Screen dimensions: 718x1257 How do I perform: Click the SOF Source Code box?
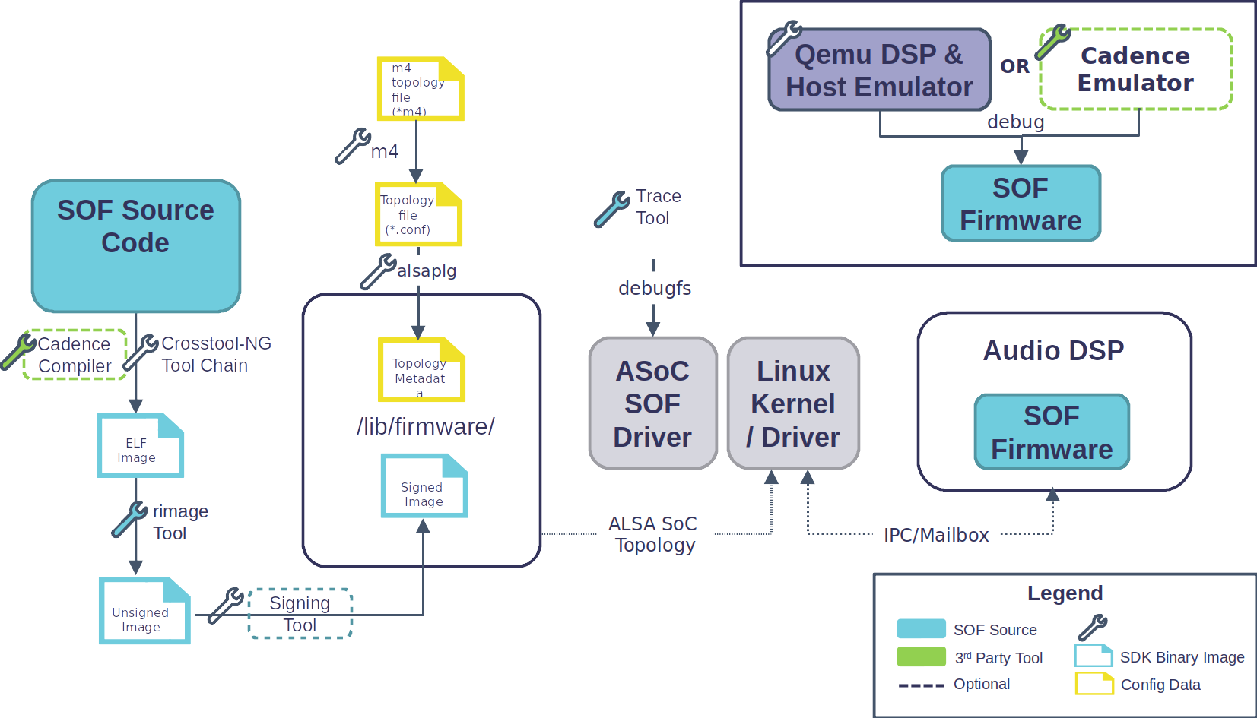pyautogui.click(x=136, y=245)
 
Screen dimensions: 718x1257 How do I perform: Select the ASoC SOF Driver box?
pyautogui.click(x=652, y=403)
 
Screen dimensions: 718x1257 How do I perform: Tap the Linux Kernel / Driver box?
pyautogui.click(x=793, y=403)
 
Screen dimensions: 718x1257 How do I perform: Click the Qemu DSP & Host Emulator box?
pyautogui.click(x=880, y=70)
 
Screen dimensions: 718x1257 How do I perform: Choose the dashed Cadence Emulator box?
pyautogui.click(x=1135, y=69)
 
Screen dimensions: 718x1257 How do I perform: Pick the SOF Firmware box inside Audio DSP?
pyautogui.click(x=1052, y=432)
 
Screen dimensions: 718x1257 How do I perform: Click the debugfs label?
pyautogui.click(x=654, y=288)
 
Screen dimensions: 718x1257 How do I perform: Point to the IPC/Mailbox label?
pyautogui.click(x=936, y=535)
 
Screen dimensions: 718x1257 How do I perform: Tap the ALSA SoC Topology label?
pyautogui.click(x=655, y=534)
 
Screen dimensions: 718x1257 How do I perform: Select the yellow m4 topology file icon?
pyautogui.click(x=420, y=89)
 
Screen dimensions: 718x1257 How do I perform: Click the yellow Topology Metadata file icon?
pyautogui.click(x=421, y=370)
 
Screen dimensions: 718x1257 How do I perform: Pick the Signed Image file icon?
pyautogui.click(x=424, y=486)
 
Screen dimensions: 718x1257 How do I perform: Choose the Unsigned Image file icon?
pyautogui.click(x=144, y=611)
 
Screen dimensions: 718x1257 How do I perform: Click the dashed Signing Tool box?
pyautogui.click(x=300, y=613)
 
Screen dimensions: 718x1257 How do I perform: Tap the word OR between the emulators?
pyautogui.click(x=1014, y=66)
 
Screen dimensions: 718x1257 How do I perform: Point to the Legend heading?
pyautogui.click(x=1065, y=593)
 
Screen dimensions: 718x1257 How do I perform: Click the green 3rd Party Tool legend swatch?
pyautogui.click(x=921, y=656)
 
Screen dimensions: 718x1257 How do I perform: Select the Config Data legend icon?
pyautogui.click(x=1094, y=684)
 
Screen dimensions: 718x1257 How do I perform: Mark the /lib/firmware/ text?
pyautogui.click(x=425, y=426)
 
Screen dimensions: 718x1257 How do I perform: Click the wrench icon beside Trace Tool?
pyautogui.click(x=611, y=210)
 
